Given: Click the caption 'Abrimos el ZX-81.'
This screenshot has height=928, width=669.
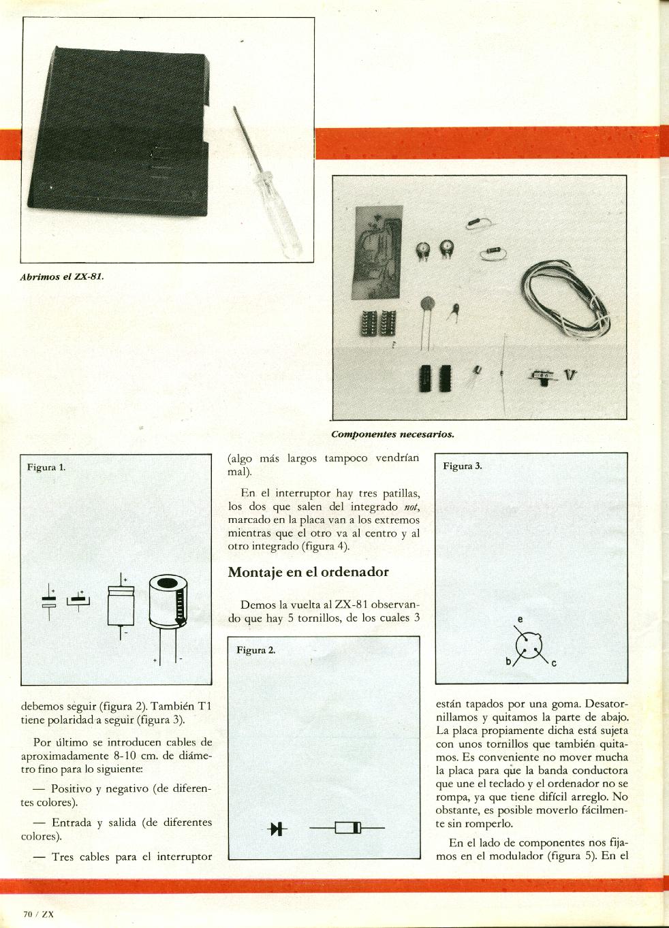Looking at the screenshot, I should [x=63, y=277].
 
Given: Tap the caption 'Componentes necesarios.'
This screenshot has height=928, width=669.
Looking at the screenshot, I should [x=392, y=434].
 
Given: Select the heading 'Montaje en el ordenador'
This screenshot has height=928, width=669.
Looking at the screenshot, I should [x=308, y=572].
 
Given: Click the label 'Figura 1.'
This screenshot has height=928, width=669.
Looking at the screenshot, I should [x=46, y=467].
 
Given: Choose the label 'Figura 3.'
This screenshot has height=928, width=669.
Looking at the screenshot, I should [x=463, y=466].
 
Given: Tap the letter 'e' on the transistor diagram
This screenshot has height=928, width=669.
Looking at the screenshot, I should [x=520, y=620].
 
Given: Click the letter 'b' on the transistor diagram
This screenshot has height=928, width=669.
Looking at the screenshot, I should [x=508, y=661].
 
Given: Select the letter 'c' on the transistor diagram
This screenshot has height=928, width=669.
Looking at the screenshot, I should [x=554, y=664].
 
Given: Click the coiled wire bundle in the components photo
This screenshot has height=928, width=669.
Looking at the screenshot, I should [x=566, y=300].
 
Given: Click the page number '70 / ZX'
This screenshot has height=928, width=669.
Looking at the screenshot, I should [x=38, y=914].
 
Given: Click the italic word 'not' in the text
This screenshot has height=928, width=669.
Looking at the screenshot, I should [x=410, y=507].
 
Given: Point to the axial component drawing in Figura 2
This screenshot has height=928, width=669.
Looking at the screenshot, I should [x=347, y=829].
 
